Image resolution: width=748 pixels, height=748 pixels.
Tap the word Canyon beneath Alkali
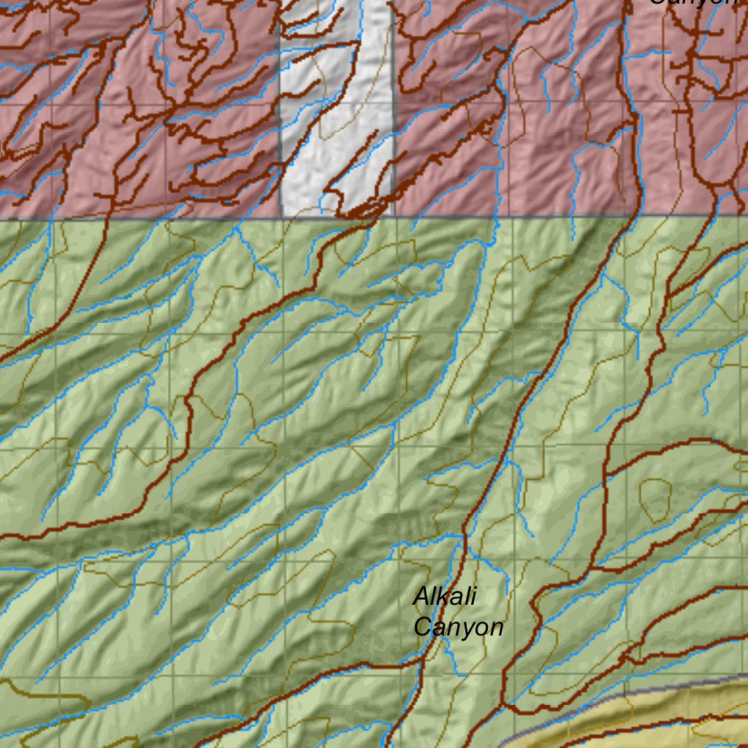point(458,627)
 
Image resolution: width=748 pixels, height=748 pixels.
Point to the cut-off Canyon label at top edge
point(694,3)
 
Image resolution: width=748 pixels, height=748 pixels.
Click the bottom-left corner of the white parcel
point(281,217)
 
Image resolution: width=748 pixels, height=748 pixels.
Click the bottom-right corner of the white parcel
point(394,216)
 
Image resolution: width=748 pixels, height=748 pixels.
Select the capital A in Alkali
point(420,596)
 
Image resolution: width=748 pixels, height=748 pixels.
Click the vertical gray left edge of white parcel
point(280,110)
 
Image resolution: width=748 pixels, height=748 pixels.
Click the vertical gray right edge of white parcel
point(394,110)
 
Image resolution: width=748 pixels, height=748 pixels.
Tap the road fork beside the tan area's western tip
point(504,705)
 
